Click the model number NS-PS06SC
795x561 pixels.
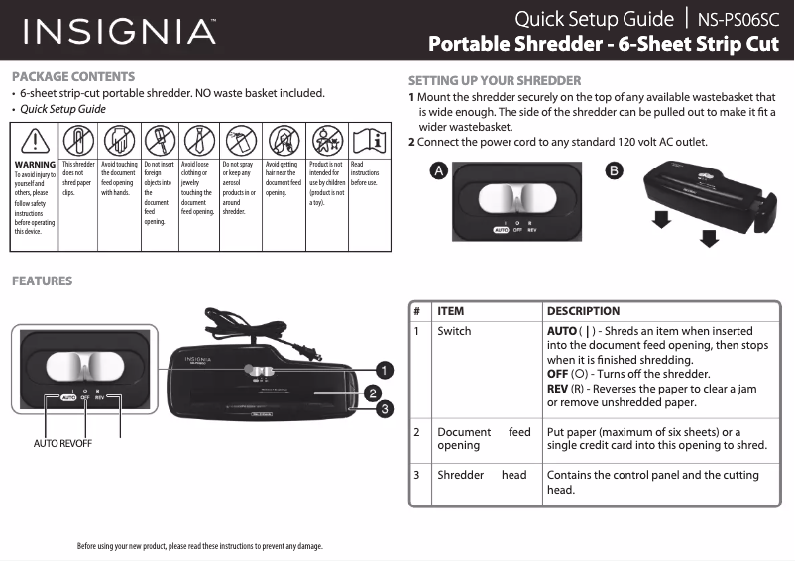(x=738, y=19)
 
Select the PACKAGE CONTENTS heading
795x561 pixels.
(x=73, y=76)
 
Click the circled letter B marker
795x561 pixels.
(x=615, y=170)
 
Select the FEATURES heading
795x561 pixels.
(x=42, y=280)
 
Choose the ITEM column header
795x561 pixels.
(x=451, y=311)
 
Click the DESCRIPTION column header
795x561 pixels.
(x=583, y=311)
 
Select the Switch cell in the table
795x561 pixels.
(x=454, y=331)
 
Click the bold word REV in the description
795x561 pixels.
(x=557, y=388)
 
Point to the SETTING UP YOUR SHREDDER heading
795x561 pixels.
(x=495, y=80)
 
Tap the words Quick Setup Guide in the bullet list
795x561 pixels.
(x=63, y=109)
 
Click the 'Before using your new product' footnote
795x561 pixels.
(x=199, y=546)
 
